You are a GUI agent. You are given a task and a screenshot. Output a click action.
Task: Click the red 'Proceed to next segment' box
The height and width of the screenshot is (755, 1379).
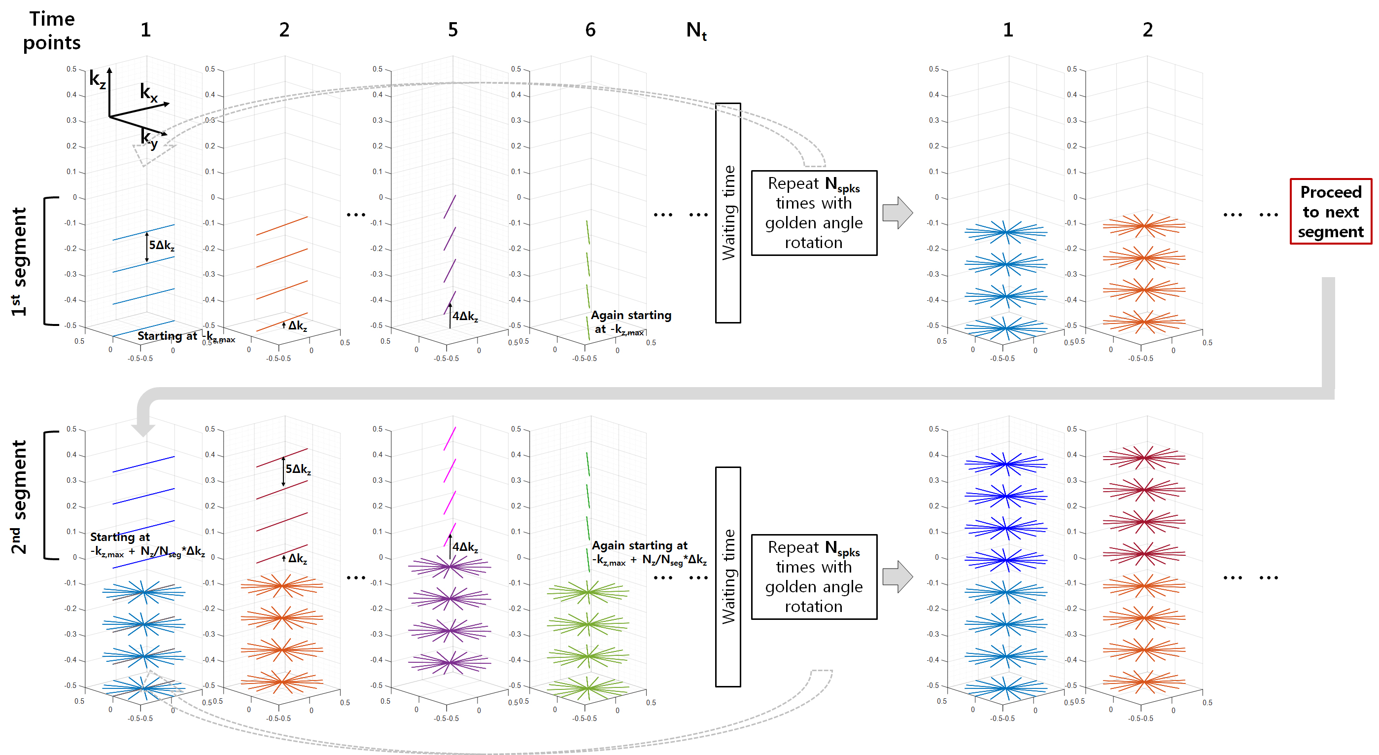click(x=1330, y=212)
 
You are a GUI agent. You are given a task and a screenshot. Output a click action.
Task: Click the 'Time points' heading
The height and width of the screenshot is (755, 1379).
click(x=52, y=31)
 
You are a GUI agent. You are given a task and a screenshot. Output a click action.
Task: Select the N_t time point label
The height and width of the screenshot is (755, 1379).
click(x=696, y=31)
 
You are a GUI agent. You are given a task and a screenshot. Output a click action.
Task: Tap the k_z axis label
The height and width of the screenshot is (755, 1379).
click(x=97, y=79)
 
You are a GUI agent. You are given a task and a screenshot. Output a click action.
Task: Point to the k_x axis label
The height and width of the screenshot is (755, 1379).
click(x=148, y=92)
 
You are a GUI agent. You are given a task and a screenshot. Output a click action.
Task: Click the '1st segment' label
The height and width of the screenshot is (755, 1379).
click(x=19, y=261)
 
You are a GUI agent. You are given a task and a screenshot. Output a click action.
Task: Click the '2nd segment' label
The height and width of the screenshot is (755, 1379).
click(x=19, y=497)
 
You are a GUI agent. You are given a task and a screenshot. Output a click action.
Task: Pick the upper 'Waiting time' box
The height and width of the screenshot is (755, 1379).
click(x=728, y=213)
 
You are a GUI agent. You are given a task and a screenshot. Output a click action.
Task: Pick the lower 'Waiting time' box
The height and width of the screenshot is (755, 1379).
click(x=728, y=576)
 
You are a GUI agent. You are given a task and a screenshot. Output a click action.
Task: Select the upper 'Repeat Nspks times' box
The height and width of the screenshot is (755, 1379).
click(x=814, y=213)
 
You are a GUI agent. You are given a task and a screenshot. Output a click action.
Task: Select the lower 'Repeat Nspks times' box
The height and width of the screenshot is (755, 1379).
click(x=814, y=576)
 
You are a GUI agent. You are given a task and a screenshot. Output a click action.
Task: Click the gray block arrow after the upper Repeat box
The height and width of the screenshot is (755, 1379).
click(x=897, y=213)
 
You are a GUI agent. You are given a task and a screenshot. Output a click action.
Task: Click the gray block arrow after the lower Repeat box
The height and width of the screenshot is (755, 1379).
click(x=897, y=576)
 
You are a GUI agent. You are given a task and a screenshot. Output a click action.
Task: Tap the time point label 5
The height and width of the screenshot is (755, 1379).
click(x=453, y=30)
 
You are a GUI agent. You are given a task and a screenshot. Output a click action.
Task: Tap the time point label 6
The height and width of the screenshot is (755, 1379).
click(x=590, y=30)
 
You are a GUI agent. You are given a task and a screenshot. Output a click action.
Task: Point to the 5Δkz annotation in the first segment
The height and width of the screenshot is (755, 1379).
click(x=161, y=245)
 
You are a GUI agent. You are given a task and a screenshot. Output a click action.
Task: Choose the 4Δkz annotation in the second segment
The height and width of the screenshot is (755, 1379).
click(x=465, y=547)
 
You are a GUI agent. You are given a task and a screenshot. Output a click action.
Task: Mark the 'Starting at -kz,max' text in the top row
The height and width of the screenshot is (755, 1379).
click(x=185, y=336)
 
